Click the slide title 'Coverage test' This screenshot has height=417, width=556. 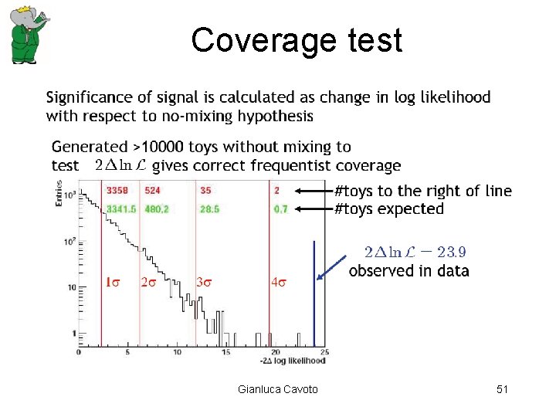[x=297, y=40]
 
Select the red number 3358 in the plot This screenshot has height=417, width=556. [x=117, y=190]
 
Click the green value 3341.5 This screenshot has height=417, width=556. [x=121, y=208]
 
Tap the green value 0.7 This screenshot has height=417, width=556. [x=280, y=208]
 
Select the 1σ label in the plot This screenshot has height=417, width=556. [x=112, y=282]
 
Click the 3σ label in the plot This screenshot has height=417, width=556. [x=204, y=282]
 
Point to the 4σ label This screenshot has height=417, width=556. [x=279, y=282]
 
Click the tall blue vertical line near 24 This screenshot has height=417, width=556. [x=314, y=293]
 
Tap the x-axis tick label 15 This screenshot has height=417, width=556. [x=225, y=353]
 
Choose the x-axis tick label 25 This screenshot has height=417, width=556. [x=324, y=353]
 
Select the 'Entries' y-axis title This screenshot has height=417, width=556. [x=59, y=192]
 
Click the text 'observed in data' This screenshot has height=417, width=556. [x=409, y=270]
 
